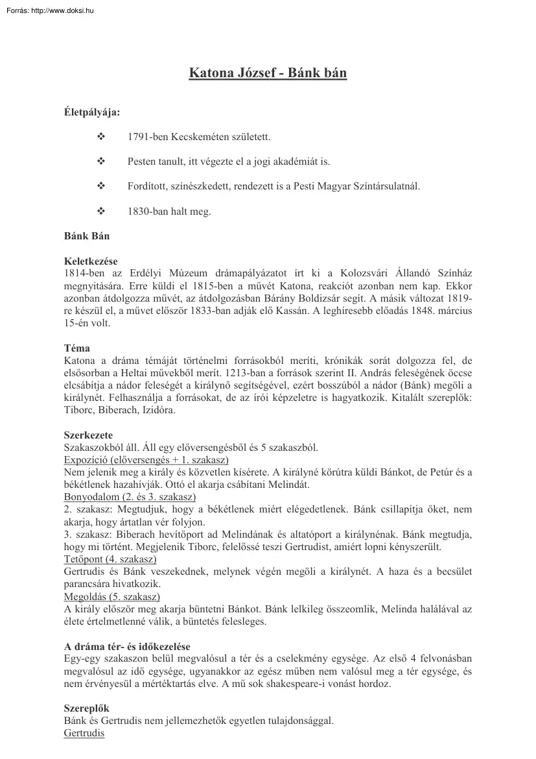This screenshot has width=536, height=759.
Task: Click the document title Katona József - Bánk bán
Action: (x=268, y=73)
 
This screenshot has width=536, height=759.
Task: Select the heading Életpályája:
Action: (x=91, y=112)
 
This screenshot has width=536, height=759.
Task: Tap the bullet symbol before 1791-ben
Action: (x=100, y=138)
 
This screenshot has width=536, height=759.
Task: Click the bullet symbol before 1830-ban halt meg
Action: (x=100, y=211)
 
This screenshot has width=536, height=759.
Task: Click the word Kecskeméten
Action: (x=196, y=138)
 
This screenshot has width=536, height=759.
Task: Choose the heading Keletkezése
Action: (x=91, y=261)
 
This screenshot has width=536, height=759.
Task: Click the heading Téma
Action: (x=77, y=348)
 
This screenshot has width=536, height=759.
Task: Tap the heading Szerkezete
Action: (x=88, y=435)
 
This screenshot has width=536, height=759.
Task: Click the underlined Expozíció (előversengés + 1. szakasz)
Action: (x=146, y=459)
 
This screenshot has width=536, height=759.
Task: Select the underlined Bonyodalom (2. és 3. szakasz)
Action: (x=130, y=497)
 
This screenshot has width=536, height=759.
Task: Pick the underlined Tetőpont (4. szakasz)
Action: (x=110, y=559)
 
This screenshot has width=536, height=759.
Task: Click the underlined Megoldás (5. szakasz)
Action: (x=112, y=596)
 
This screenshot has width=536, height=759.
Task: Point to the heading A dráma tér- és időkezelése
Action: (x=127, y=646)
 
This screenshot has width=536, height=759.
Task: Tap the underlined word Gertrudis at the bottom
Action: (x=84, y=733)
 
